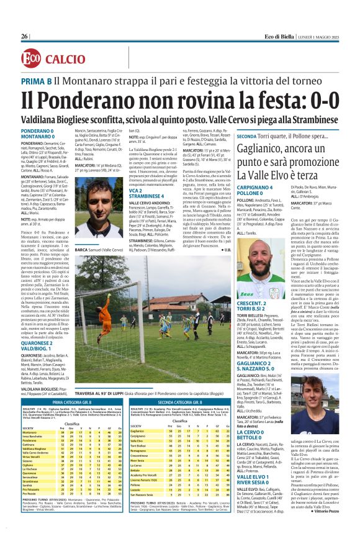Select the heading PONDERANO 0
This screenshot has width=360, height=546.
point(38,132)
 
